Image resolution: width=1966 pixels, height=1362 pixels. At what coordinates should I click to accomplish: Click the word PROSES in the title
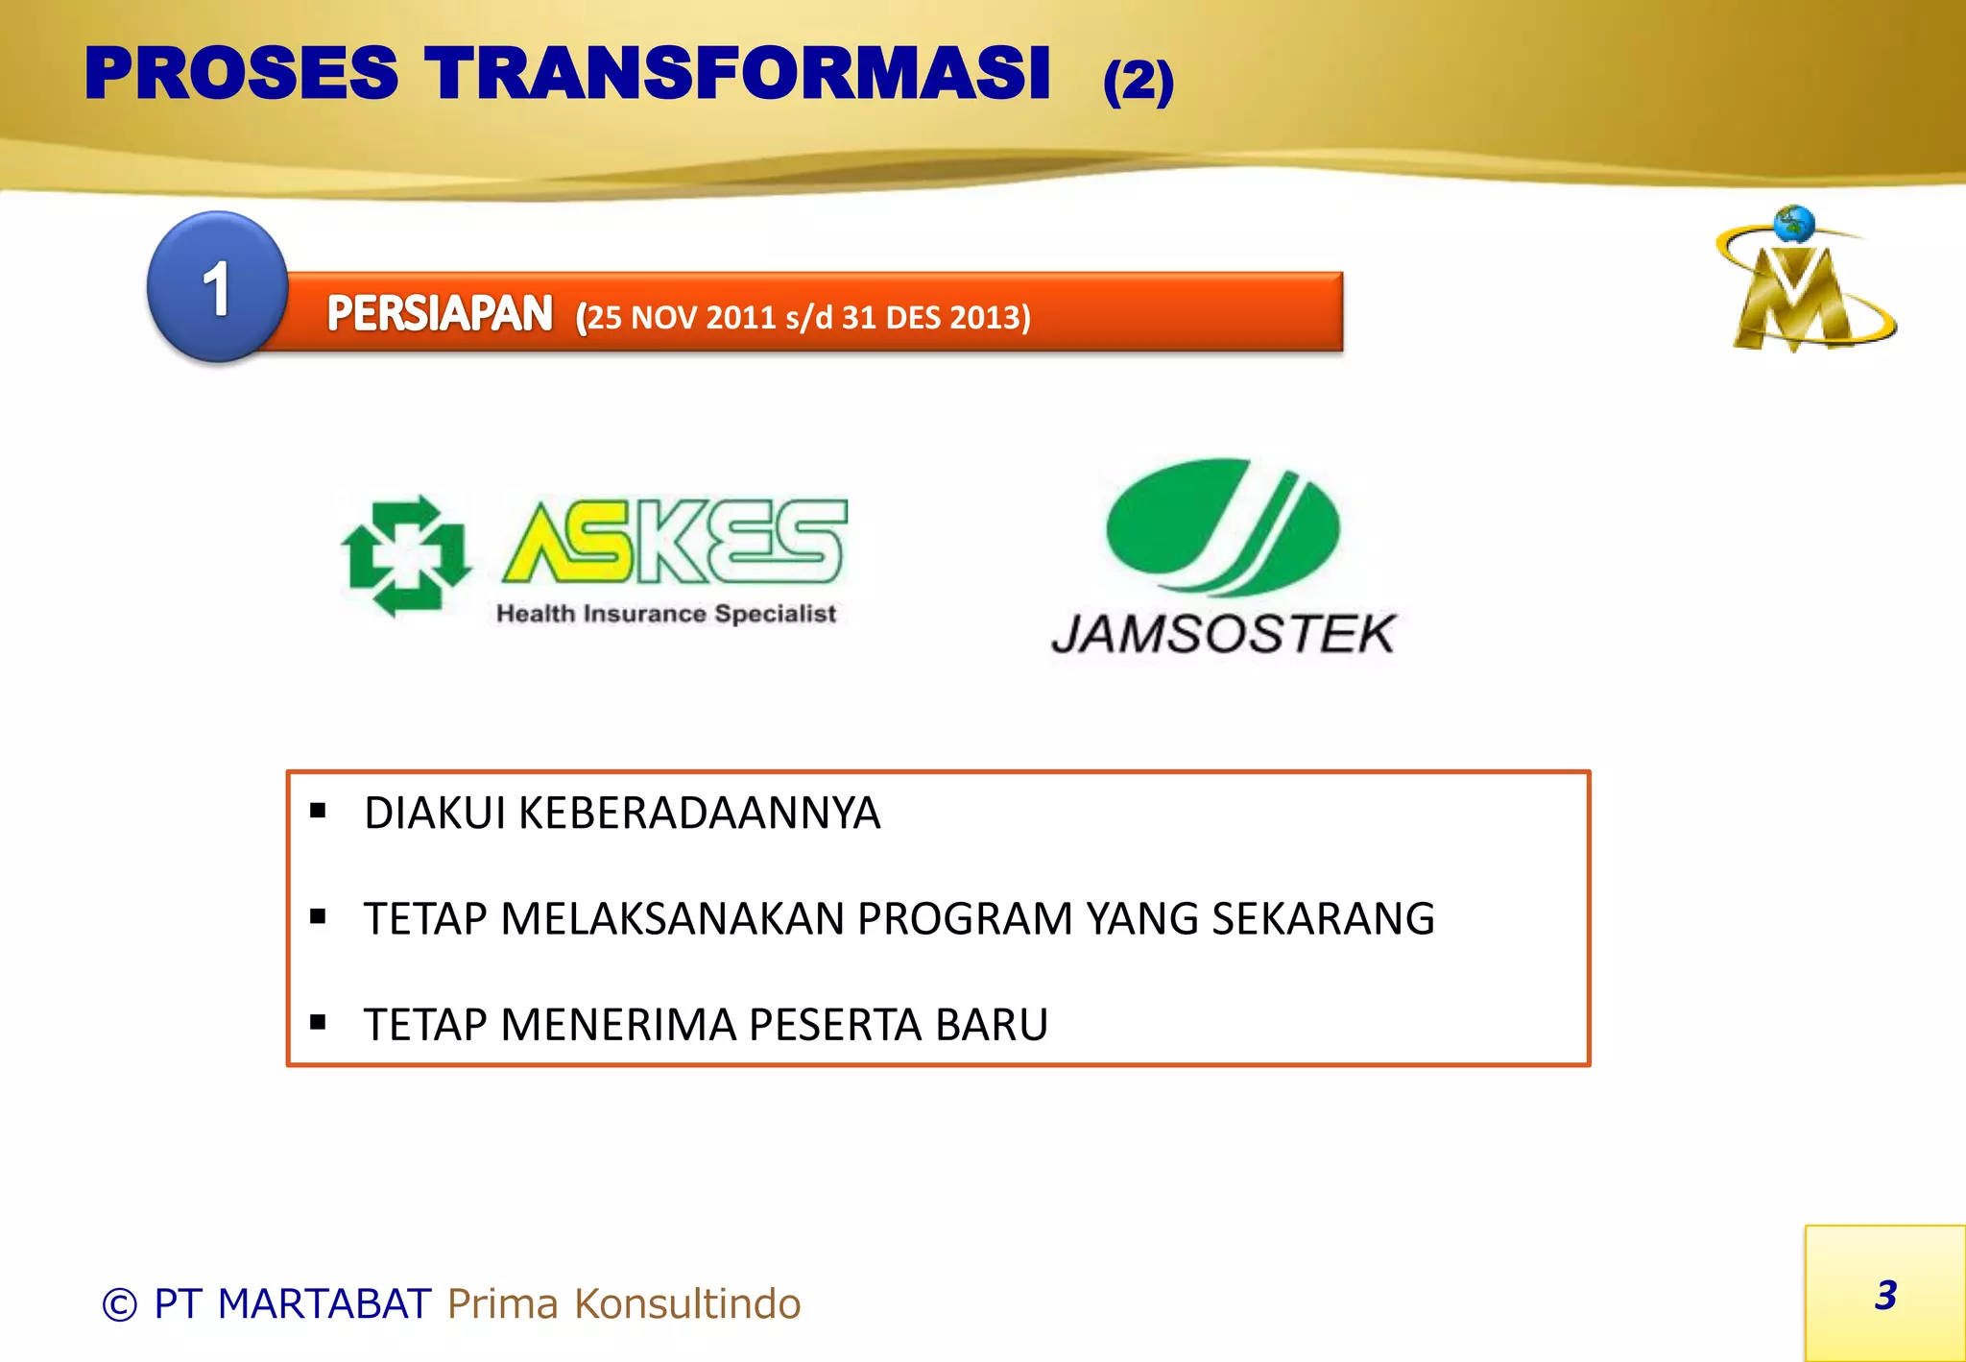(241, 74)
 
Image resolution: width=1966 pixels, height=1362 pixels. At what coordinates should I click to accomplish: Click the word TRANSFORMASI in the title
(737, 74)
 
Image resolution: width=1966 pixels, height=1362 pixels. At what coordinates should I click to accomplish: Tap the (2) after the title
(1138, 82)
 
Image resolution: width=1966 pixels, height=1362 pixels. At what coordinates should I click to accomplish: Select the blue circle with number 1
(218, 286)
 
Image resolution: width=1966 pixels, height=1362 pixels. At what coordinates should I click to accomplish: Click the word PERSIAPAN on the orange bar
(440, 314)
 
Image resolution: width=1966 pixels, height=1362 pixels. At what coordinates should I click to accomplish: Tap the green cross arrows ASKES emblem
(406, 555)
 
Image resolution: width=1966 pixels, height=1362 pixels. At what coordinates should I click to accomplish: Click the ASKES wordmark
(674, 543)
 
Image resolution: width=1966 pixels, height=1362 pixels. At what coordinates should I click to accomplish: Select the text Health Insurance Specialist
(666, 614)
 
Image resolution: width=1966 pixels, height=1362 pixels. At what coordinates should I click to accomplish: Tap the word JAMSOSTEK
(1223, 635)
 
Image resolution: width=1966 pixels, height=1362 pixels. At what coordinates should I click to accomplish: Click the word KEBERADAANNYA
(699, 814)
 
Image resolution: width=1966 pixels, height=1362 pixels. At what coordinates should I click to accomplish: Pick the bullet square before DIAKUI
(319, 812)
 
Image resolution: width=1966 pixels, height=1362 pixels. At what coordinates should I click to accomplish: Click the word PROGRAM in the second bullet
(965, 919)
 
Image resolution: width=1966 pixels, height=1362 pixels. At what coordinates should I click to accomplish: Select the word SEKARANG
(1323, 919)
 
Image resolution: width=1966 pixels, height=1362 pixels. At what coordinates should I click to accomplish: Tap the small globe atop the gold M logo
(1793, 224)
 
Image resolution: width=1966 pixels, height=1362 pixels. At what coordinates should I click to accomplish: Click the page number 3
(1885, 1296)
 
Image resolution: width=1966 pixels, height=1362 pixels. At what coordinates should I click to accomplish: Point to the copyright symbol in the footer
(120, 1305)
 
